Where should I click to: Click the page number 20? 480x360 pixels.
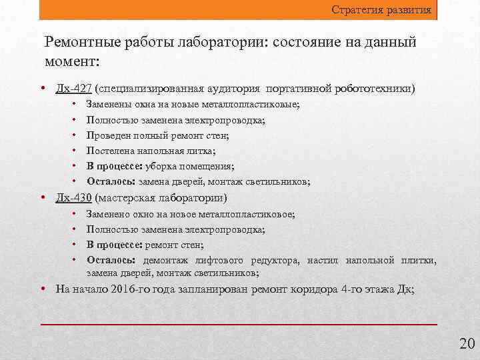(467, 344)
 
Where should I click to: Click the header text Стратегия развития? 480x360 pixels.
(382, 11)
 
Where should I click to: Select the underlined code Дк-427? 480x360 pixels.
(74, 88)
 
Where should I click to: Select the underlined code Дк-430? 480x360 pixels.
(74, 198)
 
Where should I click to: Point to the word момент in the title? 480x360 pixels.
(70, 62)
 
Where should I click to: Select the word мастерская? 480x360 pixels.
(123, 198)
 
